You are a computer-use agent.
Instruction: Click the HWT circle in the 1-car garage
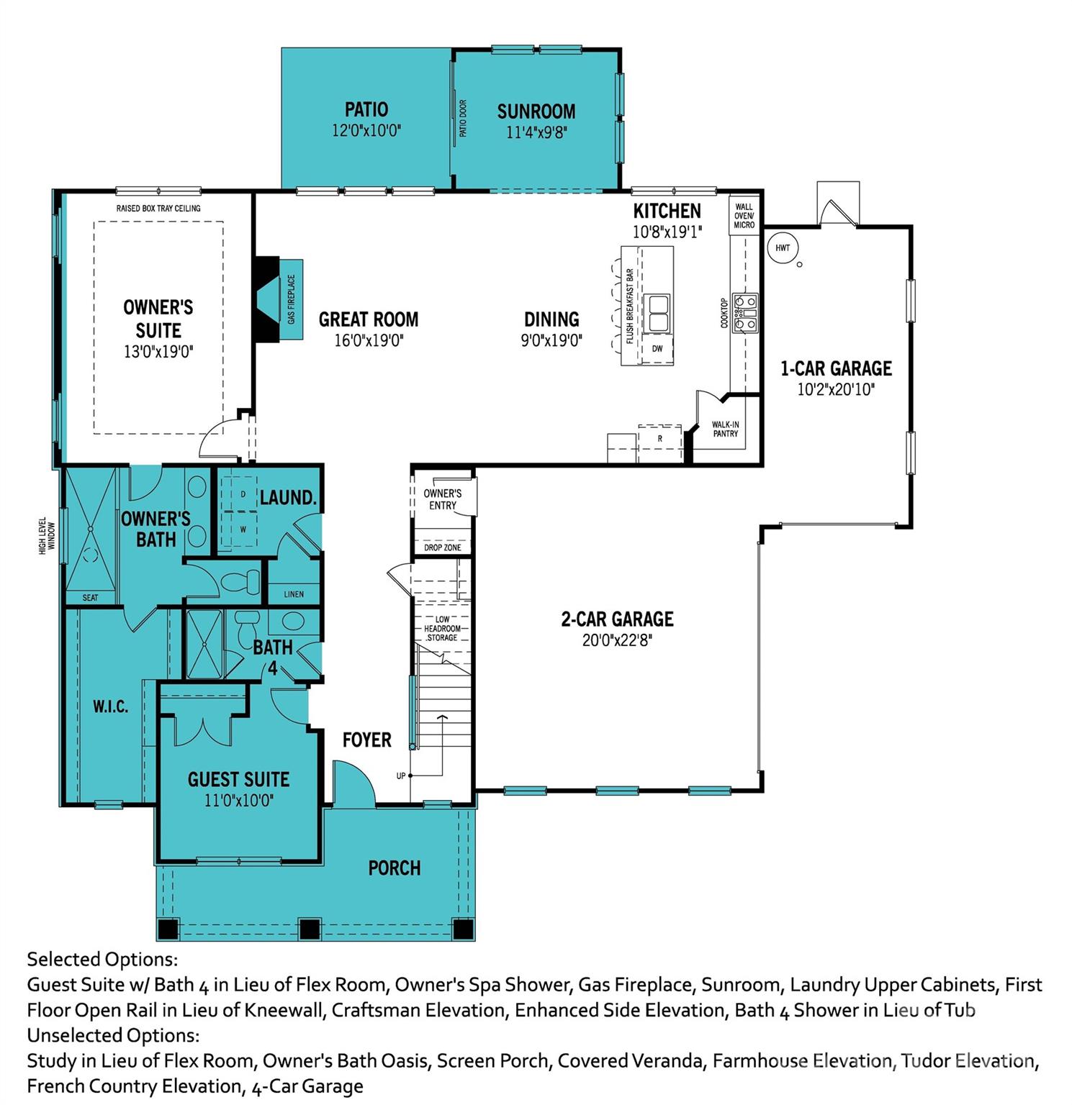coord(783,248)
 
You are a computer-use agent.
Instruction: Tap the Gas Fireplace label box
coord(292,299)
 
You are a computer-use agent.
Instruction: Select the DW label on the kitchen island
coord(657,349)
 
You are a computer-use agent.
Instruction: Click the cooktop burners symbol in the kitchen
coord(745,313)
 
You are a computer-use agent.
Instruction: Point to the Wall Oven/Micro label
coord(744,216)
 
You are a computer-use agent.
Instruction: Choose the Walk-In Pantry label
coord(725,429)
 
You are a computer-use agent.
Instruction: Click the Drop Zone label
coord(442,547)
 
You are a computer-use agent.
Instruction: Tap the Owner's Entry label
coord(442,499)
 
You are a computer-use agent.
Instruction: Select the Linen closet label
coord(294,594)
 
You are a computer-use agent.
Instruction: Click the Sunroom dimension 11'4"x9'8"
coord(536,132)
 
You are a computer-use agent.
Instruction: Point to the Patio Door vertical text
coord(463,119)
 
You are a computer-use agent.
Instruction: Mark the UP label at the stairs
coord(401,776)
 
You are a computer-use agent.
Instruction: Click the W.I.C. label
coord(110,707)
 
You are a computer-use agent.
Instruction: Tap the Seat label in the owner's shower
coord(90,598)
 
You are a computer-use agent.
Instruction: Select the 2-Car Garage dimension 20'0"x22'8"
coord(617,640)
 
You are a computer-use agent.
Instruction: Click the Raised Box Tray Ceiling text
coord(158,209)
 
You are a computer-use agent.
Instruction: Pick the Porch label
coord(394,868)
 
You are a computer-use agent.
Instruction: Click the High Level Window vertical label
coord(47,535)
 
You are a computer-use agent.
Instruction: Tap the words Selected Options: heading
coord(102,960)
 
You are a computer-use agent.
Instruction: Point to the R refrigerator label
coord(659,438)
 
